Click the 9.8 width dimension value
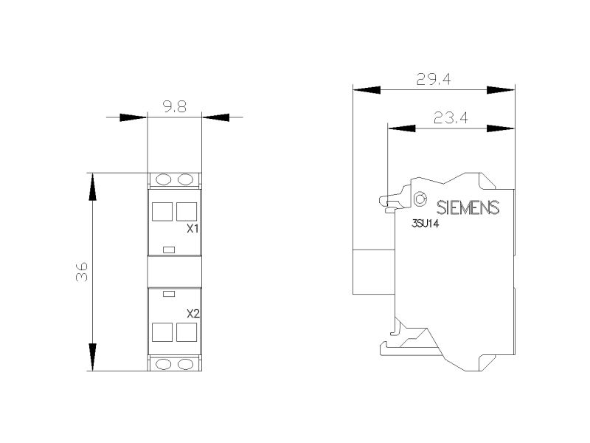[175, 107]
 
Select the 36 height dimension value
[82, 272]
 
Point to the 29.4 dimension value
[434, 79]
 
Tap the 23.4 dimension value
[451, 118]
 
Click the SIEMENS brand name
[468, 207]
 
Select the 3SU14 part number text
[426, 224]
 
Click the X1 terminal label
[193, 229]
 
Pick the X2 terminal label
[193, 313]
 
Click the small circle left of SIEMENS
[420, 198]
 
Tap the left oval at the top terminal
[163, 179]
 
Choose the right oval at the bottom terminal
[185, 364]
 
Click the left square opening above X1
[162, 211]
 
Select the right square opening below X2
[187, 332]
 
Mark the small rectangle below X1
[169, 250]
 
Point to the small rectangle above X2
[169, 294]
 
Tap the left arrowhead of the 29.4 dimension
[367, 90]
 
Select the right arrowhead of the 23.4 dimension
[501, 128]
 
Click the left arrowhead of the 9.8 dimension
[133, 117]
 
